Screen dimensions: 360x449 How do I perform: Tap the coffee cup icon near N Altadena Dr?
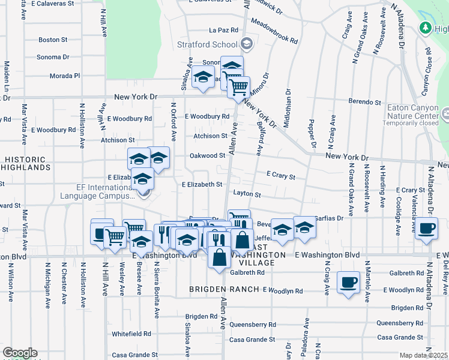[x=426, y=228]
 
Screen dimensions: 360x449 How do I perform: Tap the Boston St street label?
[x=53, y=40]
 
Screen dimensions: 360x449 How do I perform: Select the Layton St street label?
[x=247, y=194]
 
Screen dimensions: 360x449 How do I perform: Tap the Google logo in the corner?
[x=20, y=353]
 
